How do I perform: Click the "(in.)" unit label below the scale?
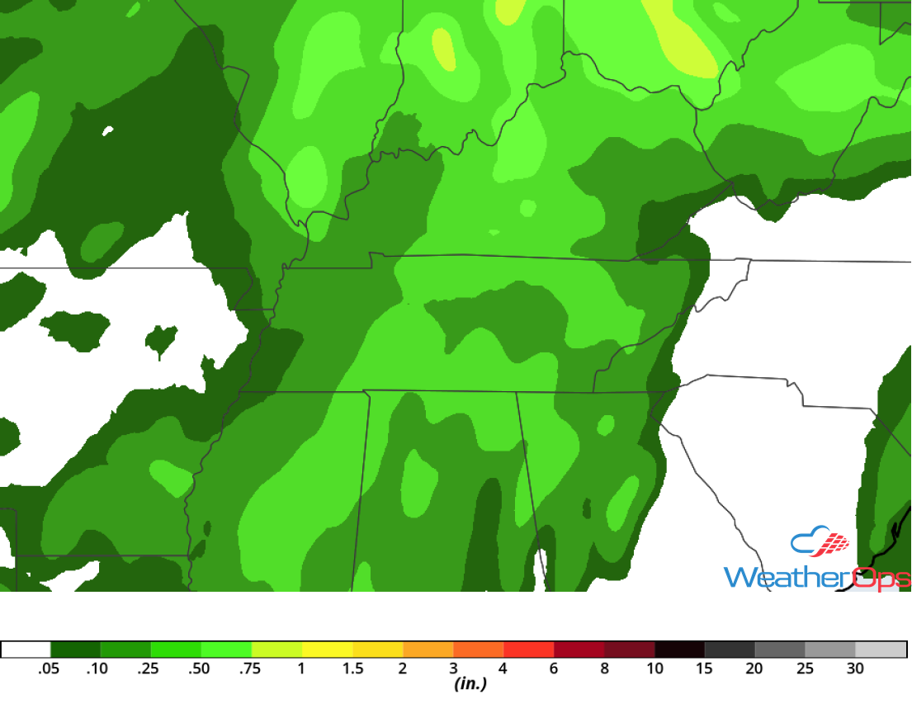pyautogui.click(x=470, y=684)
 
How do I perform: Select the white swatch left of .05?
pyautogui.click(x=26, y=650)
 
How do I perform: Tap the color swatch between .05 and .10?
pyautogui.click(x=75, y=650)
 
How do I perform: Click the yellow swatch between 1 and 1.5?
pyautogui.click(x=327, y=650)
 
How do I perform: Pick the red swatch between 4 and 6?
pyautogui.click(x=528, y=650)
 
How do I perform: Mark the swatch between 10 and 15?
pyautogui.click(x=679, y=650)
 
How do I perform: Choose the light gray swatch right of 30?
pyautogui.click(x=881, y=650)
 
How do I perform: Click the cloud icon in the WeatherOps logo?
pyautogui.click(x=820, y=541)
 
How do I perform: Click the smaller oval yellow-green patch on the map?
pyautogui.click(x=443, y=49)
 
